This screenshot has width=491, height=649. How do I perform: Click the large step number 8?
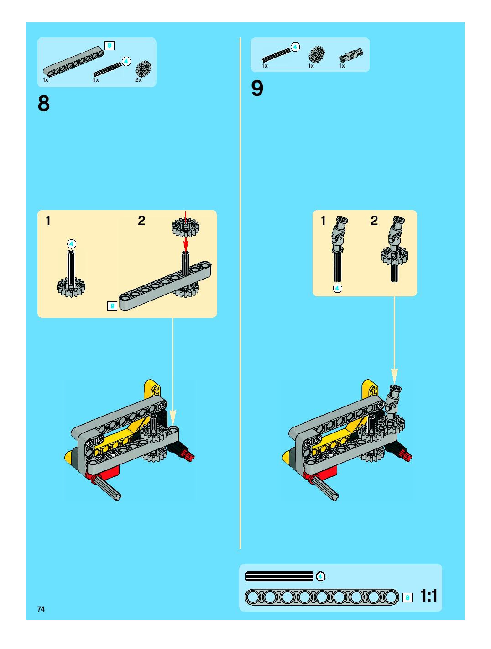point(44,103)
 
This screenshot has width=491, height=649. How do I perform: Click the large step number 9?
point(257,88)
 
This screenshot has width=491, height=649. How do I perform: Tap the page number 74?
point(41,609)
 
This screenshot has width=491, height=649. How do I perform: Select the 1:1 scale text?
point(429,595)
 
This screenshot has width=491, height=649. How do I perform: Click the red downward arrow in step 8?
point(185,232)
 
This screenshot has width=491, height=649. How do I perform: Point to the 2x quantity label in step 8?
point(138,80)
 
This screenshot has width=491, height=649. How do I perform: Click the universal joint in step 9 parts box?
point(351,55)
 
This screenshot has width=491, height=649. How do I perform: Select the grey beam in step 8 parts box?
point(73,61)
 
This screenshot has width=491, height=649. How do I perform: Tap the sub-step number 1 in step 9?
point(323,221)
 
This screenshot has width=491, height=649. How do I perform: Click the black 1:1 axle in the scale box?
point(279,577)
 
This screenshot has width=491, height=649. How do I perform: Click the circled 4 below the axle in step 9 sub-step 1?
point(337,288)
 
